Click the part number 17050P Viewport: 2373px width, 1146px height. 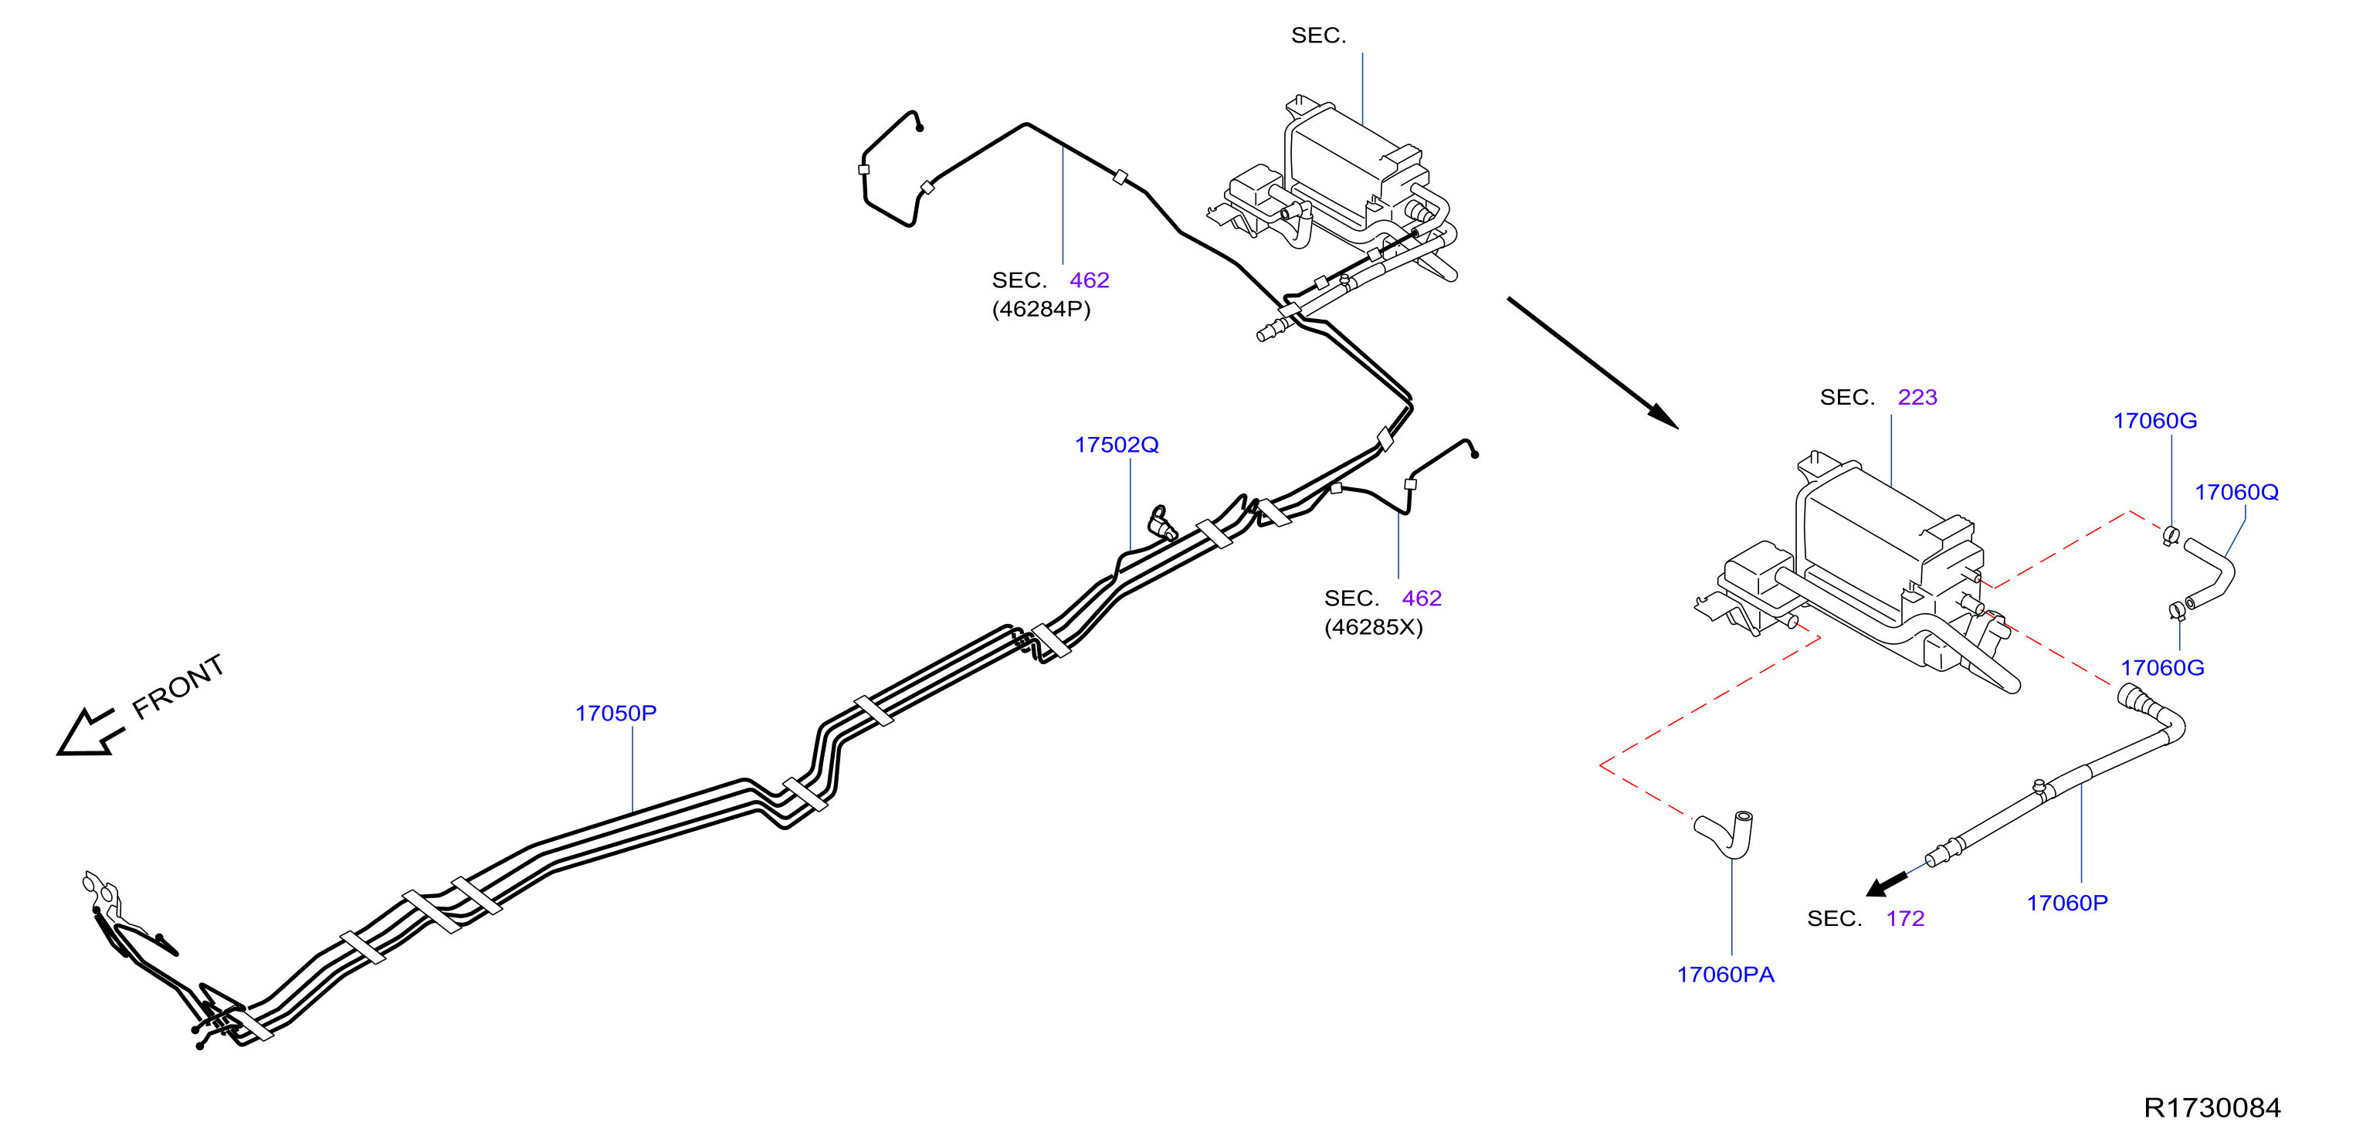click(615, 713)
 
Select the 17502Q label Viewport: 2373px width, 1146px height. click(1117, 445)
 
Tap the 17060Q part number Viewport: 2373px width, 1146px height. click(2236, 492)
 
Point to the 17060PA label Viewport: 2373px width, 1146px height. click(1725, 975)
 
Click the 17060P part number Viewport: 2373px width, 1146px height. click(2067, 903)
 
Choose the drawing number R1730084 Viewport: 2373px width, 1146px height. click(2212, 1107)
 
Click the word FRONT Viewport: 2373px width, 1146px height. click(178, 687)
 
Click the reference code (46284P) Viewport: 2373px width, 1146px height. click(1041, 310)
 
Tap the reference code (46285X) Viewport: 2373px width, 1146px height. click(1374, 627)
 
